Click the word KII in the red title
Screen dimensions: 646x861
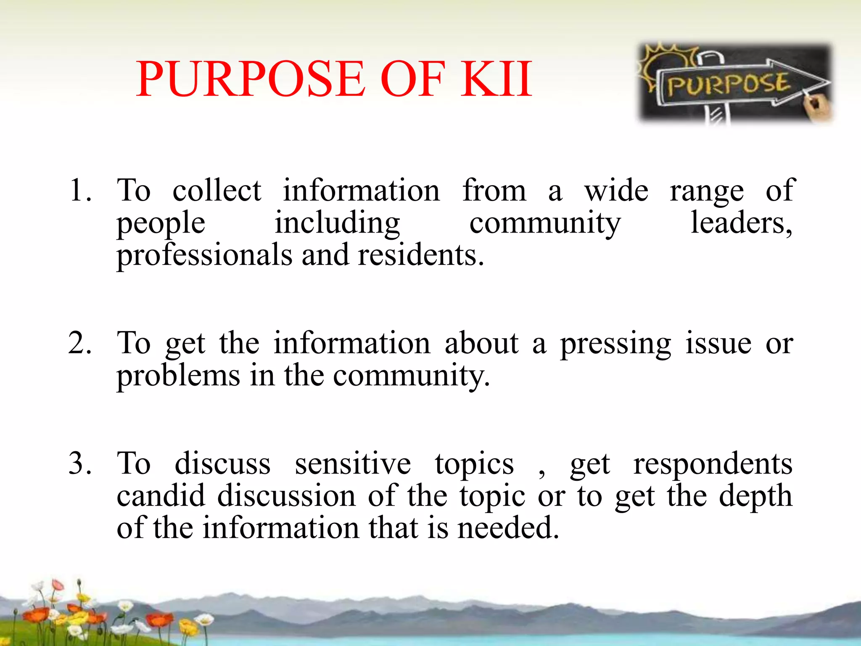tap(496, 79)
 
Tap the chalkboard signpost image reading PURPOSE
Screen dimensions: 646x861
tap(735, 84)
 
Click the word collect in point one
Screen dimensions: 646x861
tap(217, 190)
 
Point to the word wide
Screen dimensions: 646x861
tap(616, 190)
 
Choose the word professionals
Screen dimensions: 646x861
tap(204, 255)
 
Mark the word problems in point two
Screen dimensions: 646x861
tap(178, 376)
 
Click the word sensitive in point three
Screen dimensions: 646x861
tap(353, 463)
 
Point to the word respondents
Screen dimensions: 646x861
tap(713, 464)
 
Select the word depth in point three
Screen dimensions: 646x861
tap(755, 496)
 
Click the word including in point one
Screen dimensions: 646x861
tap(337, 223)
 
